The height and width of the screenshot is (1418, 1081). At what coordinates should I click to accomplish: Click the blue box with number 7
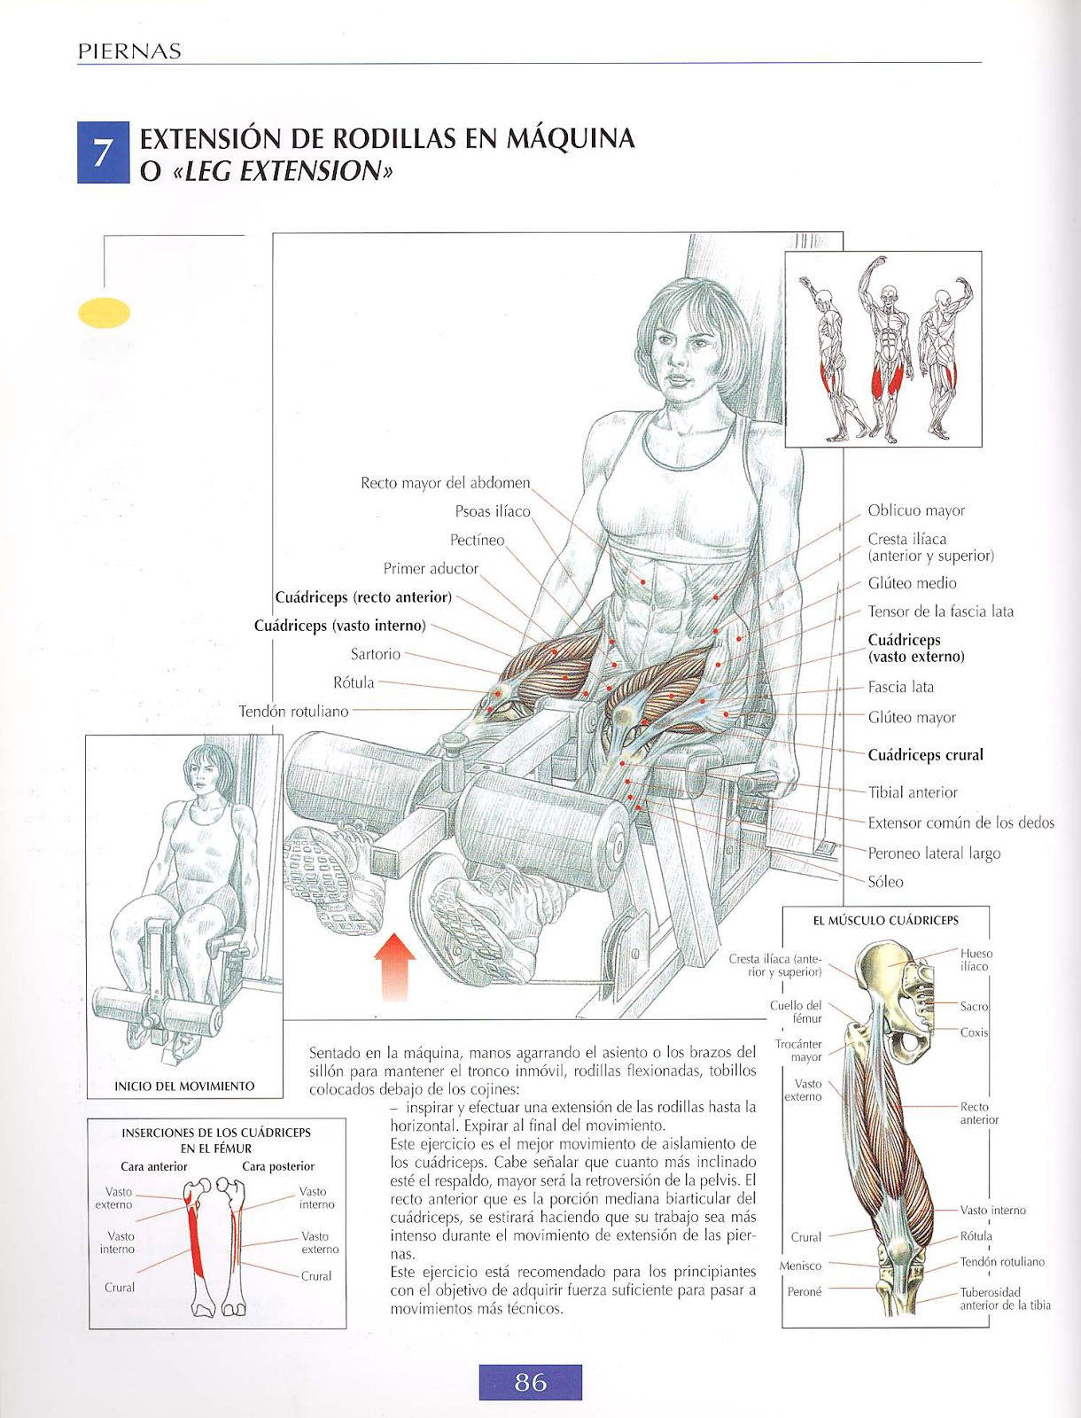[x=103, y=152]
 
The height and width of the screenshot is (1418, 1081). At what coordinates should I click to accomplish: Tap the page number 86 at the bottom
[x=530, y=1382]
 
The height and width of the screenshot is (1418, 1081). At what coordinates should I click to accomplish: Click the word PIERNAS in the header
[x=129, y=51]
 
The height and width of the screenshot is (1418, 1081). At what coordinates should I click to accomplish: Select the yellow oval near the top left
[x=105, y=313]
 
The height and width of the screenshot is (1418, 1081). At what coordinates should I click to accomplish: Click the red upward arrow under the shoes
[x=394, y=965]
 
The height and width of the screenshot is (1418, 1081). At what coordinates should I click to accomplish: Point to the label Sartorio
[x=376, y=654]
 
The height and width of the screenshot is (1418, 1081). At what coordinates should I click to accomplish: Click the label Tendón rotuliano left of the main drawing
[x=293, y=711]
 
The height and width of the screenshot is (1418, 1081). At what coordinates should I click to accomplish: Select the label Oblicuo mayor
[x=916, y=510]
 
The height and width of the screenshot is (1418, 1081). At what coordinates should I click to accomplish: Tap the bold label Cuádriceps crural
[x=925, y=755]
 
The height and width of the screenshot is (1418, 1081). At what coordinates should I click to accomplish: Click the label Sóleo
[x=885, y=882]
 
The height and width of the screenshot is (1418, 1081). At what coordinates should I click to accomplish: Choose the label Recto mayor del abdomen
[x=445, y=483]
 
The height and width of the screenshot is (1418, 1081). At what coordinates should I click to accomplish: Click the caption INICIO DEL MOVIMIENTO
[x=184, y=1087]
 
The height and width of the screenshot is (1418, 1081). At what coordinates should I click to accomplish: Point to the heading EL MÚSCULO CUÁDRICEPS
[x=885, y=921]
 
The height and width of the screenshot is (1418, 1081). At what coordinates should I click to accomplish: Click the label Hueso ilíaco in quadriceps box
[x=976, y=960]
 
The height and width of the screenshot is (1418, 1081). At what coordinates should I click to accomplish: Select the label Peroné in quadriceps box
[x=805, y=1292]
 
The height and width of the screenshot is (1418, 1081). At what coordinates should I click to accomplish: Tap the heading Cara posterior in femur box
[x=278, y=1166]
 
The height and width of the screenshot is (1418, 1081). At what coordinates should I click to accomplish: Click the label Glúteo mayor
[x=911, y=718]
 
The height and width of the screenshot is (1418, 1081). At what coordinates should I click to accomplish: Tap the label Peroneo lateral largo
[x=933, y=853]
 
